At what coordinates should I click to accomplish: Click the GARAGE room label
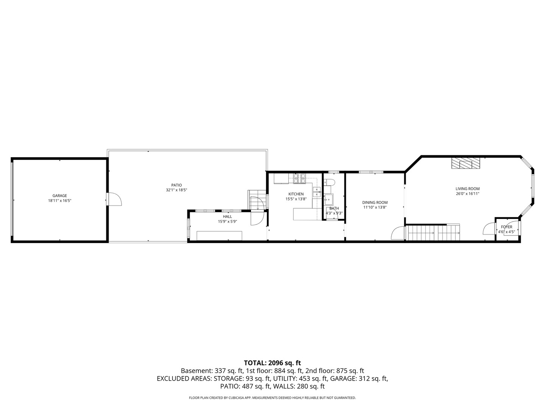tap(59, 196)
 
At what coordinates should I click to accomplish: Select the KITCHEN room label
tap(296, 194)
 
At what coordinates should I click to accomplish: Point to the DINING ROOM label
tap(375, 203)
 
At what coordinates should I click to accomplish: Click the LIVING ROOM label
tap(467, 189)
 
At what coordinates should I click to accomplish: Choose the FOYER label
tap(506, 227)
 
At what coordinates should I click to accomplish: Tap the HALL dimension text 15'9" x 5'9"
tap(227, 222)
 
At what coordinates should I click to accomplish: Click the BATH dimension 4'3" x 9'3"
tap(334, 213)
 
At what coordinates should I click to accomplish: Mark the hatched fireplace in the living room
tap(465, 163)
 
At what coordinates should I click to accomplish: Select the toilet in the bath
tap(328, 182)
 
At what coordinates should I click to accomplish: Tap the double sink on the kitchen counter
tap(316, 192)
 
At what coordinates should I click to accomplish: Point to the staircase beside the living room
tap(433, 232)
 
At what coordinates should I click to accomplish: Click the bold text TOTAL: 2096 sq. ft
tap(272, 363)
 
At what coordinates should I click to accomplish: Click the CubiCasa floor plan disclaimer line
tap(272, 398)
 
